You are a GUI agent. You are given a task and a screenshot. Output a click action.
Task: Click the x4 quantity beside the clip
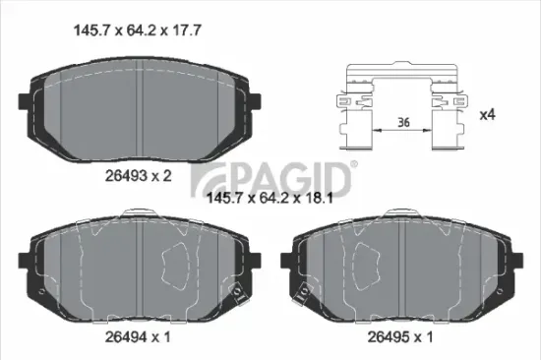486,113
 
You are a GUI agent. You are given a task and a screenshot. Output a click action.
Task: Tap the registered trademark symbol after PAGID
351,162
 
